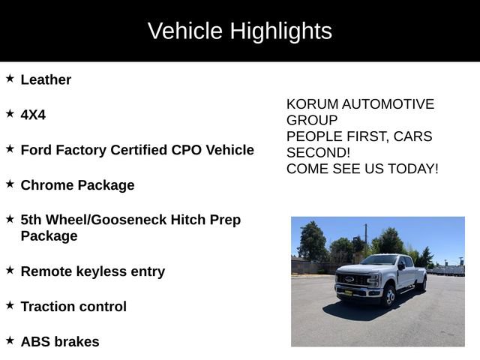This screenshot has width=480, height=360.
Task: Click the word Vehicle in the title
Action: pos(185,31)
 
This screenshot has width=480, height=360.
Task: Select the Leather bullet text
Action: pos(46,79)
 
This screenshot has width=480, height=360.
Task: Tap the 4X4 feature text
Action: pos(33,115)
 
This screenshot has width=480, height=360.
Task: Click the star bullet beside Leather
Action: pos(10,78)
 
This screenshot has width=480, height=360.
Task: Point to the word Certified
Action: pos(139,150)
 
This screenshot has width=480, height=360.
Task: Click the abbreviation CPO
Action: pos(189,150)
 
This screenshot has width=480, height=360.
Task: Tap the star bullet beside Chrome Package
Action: pos(10,184)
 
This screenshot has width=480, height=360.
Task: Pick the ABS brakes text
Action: pos(60,342)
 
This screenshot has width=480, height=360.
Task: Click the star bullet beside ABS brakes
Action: pos(10,340)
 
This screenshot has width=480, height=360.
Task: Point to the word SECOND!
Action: pos(319,152)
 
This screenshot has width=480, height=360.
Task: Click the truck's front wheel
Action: pos(388,297)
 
